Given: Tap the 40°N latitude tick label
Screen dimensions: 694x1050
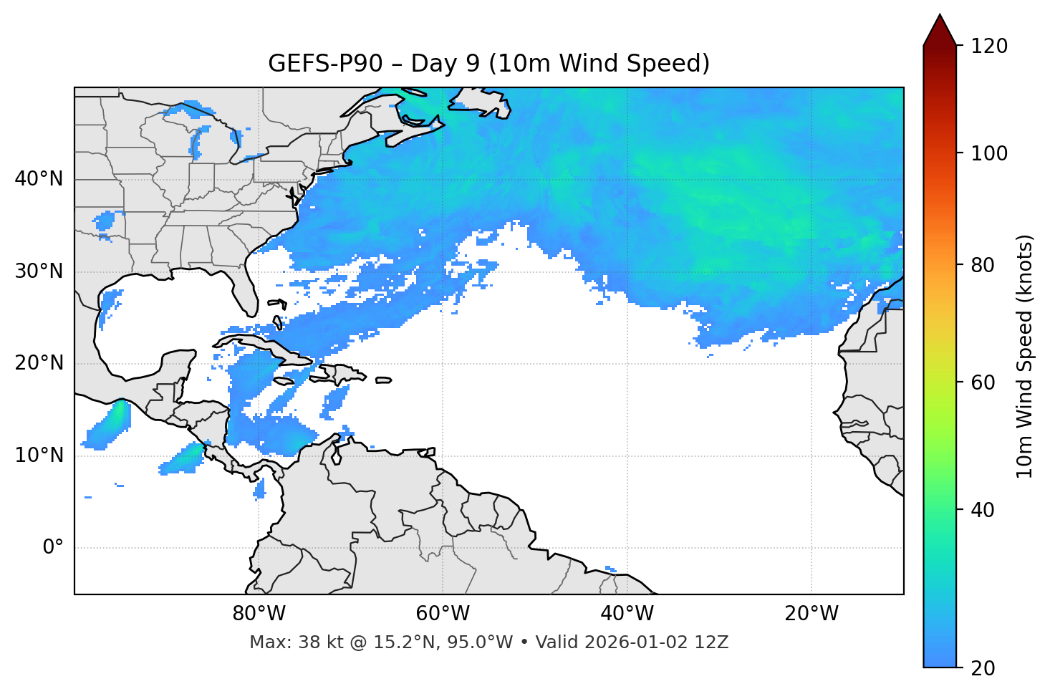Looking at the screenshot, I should pos(39,179).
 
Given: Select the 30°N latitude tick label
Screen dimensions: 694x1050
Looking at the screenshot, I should pos(39,271).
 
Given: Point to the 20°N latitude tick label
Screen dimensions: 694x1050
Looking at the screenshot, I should pos(39,363).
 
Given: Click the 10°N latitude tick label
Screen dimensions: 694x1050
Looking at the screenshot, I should pos(39,456).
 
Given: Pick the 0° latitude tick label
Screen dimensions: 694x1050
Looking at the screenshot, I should pos(53,548).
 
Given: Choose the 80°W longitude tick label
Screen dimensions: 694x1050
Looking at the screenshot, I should pos(259,614).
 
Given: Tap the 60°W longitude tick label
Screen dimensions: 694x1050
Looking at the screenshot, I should pos(443,614).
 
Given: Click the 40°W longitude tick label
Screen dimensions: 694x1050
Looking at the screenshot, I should pos(627,614).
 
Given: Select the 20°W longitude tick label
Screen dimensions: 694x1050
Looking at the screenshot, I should pos(811,614).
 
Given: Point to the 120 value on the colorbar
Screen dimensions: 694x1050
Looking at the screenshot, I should pos(989,47).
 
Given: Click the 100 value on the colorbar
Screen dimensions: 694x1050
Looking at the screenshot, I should pos(989,153).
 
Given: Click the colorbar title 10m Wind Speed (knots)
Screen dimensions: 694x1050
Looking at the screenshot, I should pos(1025,356).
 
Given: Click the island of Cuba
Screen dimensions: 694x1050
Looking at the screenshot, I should pos(269,344).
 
